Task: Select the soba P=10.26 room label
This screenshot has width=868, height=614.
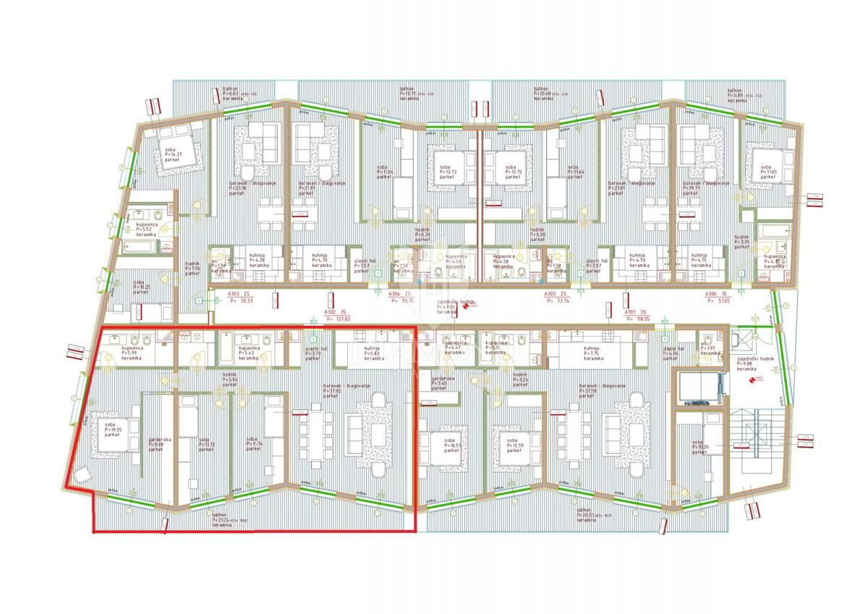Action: click(x=700, y=447)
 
